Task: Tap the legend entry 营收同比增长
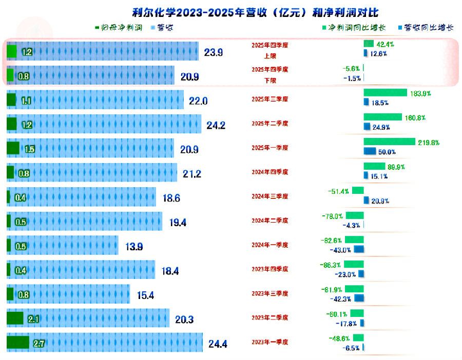[x=426, y=28]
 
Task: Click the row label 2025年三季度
[x=270, y=98]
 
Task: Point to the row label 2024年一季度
[x=270, y=245]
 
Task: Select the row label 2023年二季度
[x=270, y=318]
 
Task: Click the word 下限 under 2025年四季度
[x=270, y=81]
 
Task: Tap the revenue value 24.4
[x=218, y=344]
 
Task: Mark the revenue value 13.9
[x=134, y=247]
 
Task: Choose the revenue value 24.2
[x=216, y=125]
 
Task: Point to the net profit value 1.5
[x=29, y=149]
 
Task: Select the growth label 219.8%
[x=428, y=142]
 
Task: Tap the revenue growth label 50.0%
[x=387, y=152]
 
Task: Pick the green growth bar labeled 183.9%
[x=385, y=92]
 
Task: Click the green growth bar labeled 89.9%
[x=374, y=166]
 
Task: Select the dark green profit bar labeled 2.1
[x=15, y=318]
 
